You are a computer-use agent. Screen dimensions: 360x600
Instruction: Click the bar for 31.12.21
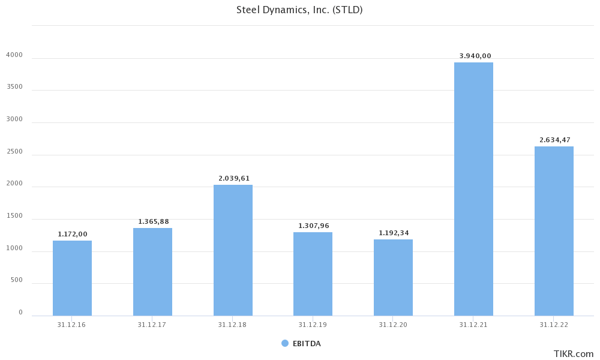point(473,189)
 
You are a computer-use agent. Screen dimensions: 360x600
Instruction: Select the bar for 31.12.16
point(72,278)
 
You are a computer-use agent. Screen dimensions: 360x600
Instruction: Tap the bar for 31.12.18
point(233,250)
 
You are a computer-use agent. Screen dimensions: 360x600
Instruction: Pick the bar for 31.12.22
point(554,231)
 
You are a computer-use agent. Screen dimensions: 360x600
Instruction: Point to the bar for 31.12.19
point(313,274)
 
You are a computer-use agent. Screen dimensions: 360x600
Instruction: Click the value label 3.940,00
point(475,56)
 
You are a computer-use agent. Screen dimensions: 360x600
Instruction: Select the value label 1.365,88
point(154,221)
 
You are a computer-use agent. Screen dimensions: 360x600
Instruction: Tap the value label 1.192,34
point(394,233)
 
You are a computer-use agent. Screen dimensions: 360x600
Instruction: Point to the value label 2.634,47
point(555,140)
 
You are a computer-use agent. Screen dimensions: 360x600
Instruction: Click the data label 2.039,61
point(234,178)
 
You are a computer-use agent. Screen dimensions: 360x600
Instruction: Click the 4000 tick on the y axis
point(14,55)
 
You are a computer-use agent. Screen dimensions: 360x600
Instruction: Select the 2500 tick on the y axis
point(14,151)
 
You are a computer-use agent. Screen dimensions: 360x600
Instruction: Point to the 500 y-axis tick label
point(16,280)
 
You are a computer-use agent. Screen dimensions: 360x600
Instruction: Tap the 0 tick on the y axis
point(20,312)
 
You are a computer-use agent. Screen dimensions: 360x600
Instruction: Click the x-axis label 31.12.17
point(152,325)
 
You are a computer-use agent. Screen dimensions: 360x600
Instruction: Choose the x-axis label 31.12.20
point(393,325)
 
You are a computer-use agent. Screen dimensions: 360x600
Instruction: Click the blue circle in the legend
point(285,343)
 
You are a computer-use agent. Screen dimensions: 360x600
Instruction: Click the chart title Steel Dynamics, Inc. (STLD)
point(299,10)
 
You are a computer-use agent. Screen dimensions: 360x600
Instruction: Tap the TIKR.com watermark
point(573,354)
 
